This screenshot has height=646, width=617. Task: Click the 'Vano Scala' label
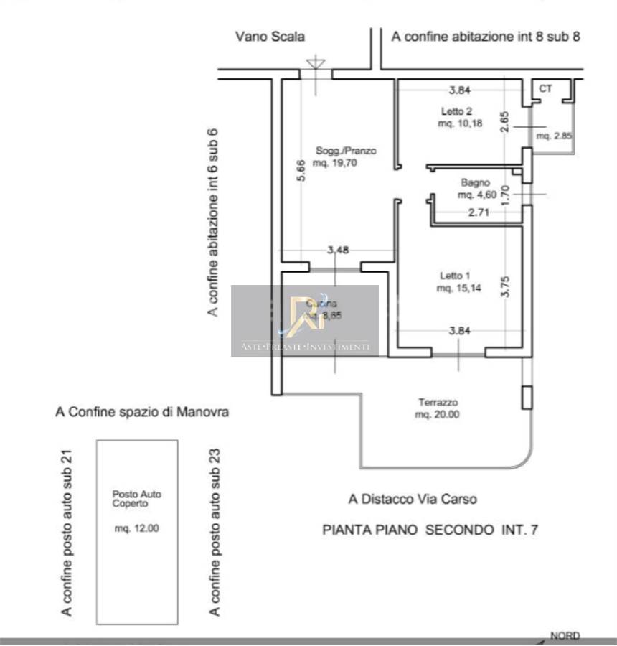270,37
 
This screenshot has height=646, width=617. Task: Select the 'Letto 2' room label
456,111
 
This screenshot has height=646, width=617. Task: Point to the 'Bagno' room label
476,182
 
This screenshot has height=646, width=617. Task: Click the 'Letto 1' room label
455,276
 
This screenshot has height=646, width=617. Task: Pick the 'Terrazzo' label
438,403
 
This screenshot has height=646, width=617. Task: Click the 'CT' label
545,88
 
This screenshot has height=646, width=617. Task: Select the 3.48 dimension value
338,251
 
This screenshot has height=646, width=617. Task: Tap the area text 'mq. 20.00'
438,415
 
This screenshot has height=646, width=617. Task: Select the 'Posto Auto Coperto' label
137,499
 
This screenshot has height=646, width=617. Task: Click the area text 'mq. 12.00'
136,529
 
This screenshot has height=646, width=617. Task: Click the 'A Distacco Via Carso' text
413,499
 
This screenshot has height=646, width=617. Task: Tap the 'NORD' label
564,635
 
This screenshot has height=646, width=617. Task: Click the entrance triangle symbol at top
315,64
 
